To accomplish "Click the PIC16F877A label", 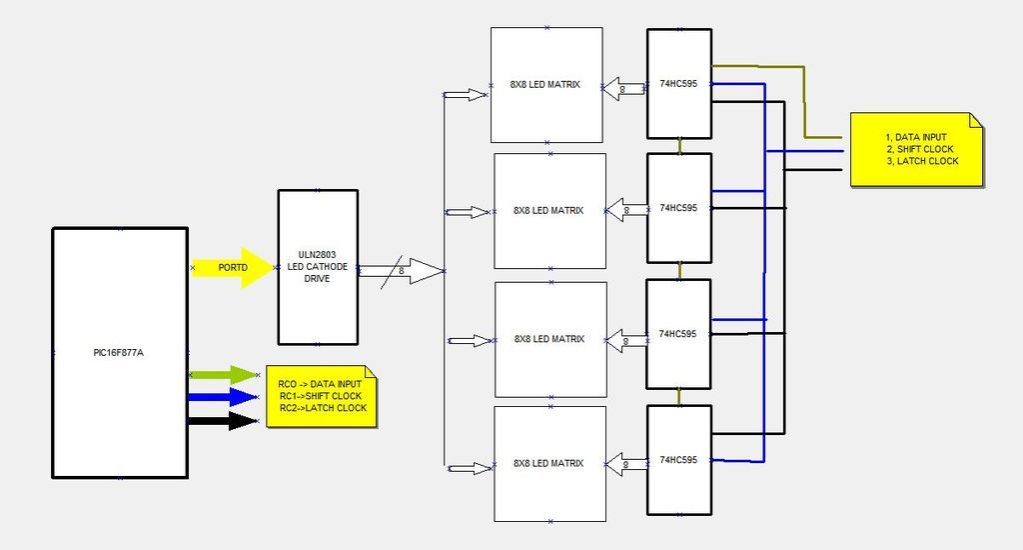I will [119, 353].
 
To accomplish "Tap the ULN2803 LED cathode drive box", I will [317, 267].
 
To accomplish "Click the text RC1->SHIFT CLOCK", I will [322, 396].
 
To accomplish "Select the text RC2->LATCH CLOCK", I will [322, 408].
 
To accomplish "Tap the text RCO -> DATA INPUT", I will [321, 384].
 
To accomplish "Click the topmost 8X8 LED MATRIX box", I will [546, 85].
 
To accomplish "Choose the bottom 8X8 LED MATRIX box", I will [549, 464].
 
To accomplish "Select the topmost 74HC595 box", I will [678, 84].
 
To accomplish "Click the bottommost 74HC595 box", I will [678, 460].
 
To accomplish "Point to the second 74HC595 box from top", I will [678, 208].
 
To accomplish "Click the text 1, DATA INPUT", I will [916, 137].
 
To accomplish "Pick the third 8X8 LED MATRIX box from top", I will [550, 339].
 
